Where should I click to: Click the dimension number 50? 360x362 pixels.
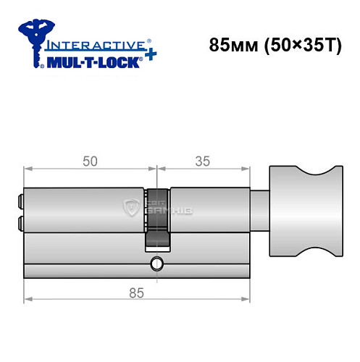[x=90, y=161]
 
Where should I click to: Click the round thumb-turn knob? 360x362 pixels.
[x=303, y=211]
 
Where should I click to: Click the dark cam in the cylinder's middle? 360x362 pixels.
[x=157, y=217]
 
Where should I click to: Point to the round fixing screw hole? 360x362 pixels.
[x=156, y=264]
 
